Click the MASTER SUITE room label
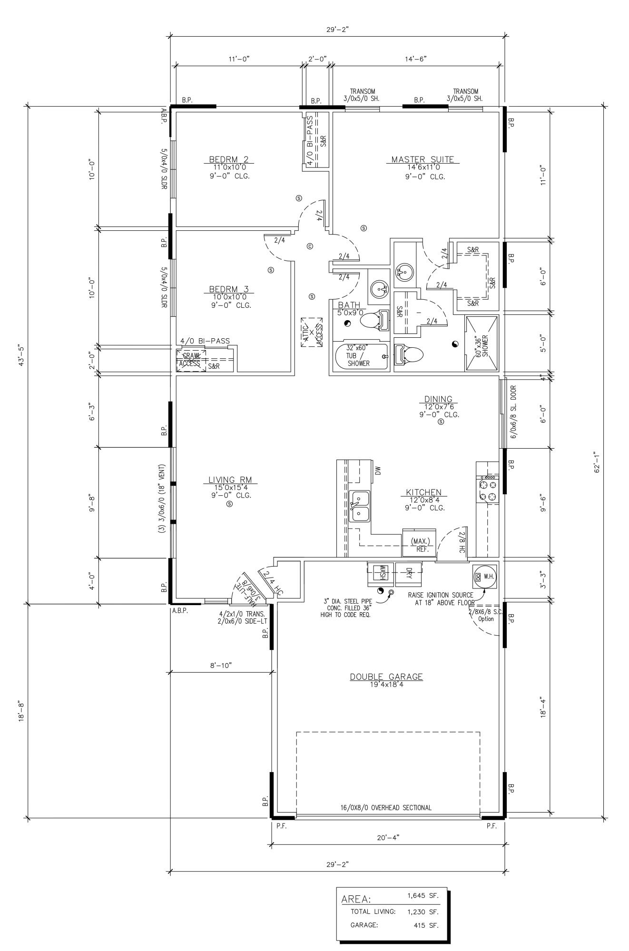coord(423,160)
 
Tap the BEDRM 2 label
coord(229,160)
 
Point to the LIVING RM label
coord(230,480)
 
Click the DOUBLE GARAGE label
coord(386,677)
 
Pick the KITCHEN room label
coord(423,492)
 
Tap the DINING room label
coord(438,399)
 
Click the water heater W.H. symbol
coord(485,577)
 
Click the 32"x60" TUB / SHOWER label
coord(358,355)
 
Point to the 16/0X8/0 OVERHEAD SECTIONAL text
coord(386,807)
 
